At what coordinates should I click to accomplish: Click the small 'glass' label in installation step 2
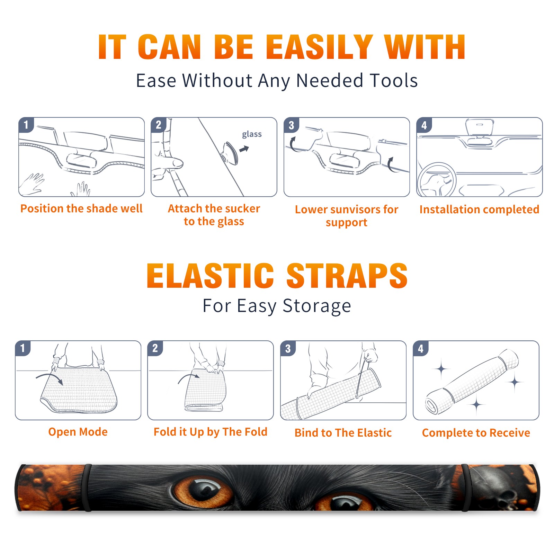(252, 134)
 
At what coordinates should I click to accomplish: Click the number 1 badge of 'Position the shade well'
(26, 125)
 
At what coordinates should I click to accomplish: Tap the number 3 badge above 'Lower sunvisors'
(291, 125)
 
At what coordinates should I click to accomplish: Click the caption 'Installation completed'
(479, 209)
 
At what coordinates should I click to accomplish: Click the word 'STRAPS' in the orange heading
(347, 276)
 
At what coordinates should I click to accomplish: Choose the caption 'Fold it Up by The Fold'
(211, 432)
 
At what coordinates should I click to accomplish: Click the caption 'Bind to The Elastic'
(343, 433)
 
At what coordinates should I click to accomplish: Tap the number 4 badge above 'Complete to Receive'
(421, 348)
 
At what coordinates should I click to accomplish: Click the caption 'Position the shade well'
(81, 208)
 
